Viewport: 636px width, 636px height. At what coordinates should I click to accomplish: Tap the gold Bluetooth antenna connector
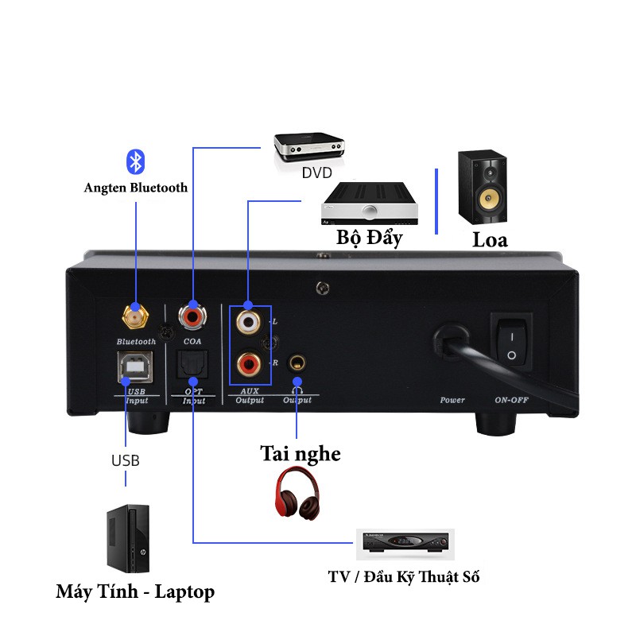[x=134, y=317]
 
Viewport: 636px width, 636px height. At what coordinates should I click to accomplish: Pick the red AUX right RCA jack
[x=248, y=364]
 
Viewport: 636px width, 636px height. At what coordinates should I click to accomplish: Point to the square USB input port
[x=134, y=366]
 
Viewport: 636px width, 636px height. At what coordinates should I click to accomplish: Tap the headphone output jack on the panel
[x=297, y=365]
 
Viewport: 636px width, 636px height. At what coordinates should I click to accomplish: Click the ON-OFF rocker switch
[x=510, y=343]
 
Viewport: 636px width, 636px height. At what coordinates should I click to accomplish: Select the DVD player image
[x=310, y=148]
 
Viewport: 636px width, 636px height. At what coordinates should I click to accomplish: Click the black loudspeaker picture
[x=483, y=188]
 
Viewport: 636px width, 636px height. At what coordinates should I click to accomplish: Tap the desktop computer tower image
[x=128, y=540]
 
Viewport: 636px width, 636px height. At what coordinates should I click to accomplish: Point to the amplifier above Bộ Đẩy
[x=370, y=204]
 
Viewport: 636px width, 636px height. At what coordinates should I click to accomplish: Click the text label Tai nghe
[x=301, y=454]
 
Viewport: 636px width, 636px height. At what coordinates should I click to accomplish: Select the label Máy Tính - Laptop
[x=135, y=592]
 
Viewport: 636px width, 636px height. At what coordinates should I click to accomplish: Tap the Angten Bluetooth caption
[x=136, y=188]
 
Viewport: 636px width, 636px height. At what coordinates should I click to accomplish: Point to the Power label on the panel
[x=452, y=400]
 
